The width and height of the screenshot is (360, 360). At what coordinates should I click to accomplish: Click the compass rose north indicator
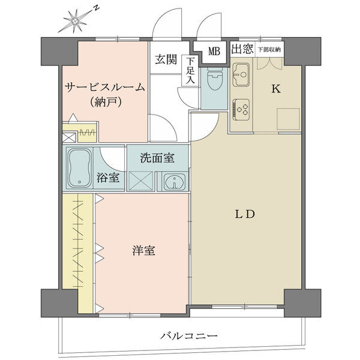coord(76,20)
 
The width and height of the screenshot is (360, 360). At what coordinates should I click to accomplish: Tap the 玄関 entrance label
coord(166,59)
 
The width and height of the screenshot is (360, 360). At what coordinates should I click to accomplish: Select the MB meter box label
coord(214,52)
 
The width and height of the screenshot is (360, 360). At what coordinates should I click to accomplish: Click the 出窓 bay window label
coord(242,49)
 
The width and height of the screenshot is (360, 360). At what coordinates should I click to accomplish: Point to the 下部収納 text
coord(269,49)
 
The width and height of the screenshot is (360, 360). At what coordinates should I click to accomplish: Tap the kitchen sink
coord(241,74)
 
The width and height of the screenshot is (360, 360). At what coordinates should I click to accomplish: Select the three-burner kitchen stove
coord(241,109)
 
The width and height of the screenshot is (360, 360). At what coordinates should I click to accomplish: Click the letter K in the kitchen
coord(276,89)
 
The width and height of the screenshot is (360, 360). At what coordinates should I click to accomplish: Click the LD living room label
coord(245,214)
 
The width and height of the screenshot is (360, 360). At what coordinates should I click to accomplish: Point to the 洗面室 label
coord(157,158)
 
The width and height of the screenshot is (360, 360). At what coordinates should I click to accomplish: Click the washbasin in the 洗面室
coord(175,182)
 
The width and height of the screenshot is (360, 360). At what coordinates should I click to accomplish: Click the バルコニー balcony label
coord(189,337)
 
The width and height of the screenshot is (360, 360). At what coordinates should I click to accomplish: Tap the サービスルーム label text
coord(105,88)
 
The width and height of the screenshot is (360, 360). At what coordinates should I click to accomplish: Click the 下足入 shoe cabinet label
coord(190,70)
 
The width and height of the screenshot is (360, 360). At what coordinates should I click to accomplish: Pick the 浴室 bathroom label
coord(107,178)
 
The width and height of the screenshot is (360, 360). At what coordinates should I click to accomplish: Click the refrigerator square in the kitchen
coord(288,119)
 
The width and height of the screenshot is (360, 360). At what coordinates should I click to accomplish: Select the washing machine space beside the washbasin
coord(141,181)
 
